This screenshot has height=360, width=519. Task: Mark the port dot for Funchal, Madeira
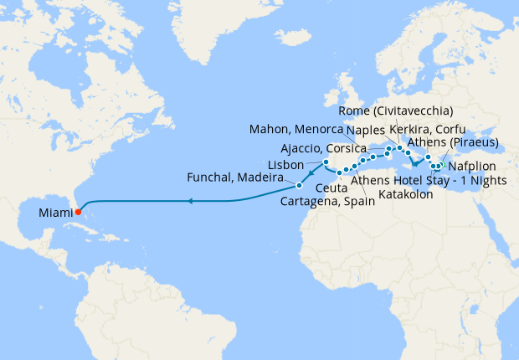click(299, 183)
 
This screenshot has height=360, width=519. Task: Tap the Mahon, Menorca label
click(297, 129)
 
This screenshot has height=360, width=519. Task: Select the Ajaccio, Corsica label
click(323, 148)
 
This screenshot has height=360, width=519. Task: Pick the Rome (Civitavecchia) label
click(397, 111)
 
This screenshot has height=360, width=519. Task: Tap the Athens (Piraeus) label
click(462, 141)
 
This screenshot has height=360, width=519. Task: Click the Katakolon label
click(406, 194)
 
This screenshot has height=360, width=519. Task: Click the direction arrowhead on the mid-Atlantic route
click(190, 201)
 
